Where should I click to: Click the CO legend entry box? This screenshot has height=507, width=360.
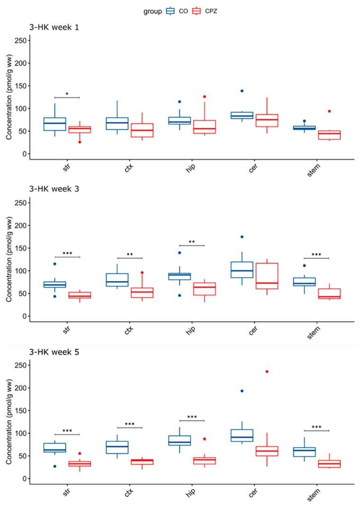[x=171, y=10]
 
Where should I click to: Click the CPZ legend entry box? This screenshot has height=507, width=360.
[x=197, y=10]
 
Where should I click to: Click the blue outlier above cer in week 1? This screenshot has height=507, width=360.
[x=242, y=91]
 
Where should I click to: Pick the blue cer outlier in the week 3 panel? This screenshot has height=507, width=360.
[x=242, y=237]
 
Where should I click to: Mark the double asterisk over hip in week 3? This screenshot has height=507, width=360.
[x=192, y=243]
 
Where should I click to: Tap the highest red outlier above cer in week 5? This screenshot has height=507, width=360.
[x=266, y=372]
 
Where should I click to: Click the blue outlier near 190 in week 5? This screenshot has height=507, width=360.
[x=242, y=391]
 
